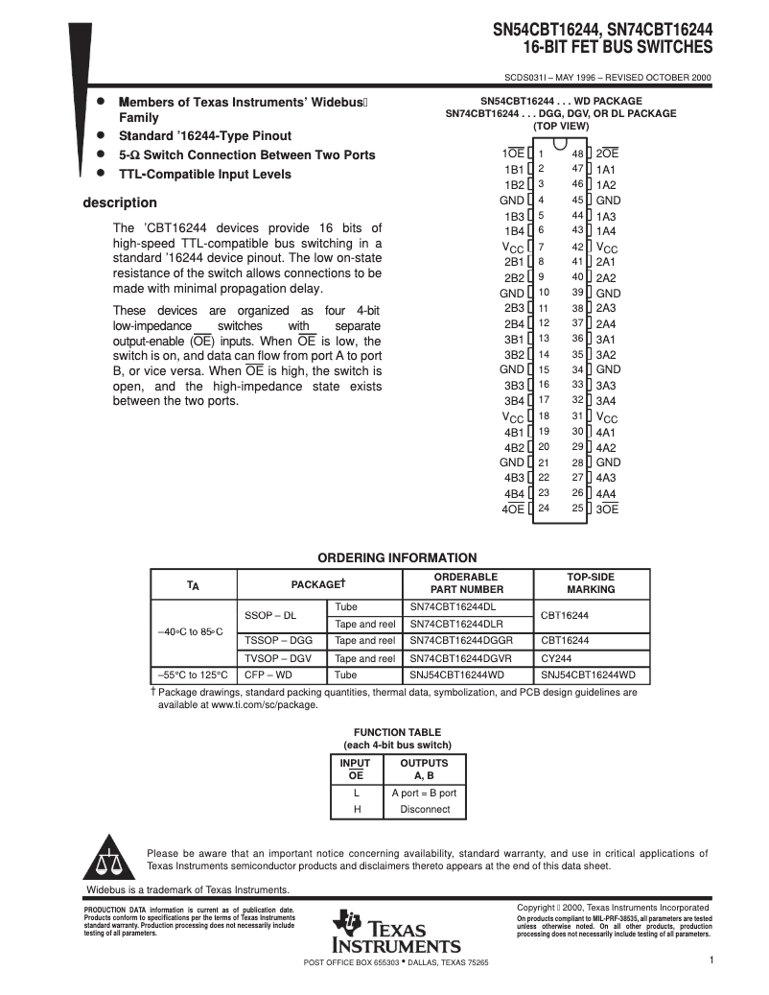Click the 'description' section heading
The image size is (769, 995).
(x=119, y=202)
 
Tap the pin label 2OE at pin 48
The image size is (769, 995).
(x=607, y=154)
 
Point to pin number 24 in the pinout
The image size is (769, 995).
(x=544, y=509)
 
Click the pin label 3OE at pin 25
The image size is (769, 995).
(x=607, y=509)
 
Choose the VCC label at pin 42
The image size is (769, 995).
(x=607, y=248)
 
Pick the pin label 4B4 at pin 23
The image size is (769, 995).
(x=514, y=493)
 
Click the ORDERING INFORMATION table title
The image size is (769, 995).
(x=397, y=557)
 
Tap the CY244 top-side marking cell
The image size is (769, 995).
(x=555, y=658)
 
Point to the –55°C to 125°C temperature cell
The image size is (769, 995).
(x=193, y=675)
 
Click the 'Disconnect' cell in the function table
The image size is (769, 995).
(x=425, y=809)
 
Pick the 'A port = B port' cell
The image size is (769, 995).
(x=425, y=793)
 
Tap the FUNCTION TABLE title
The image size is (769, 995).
(x=397, y=731)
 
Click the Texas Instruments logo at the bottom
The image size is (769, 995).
(x=396, y=932)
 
